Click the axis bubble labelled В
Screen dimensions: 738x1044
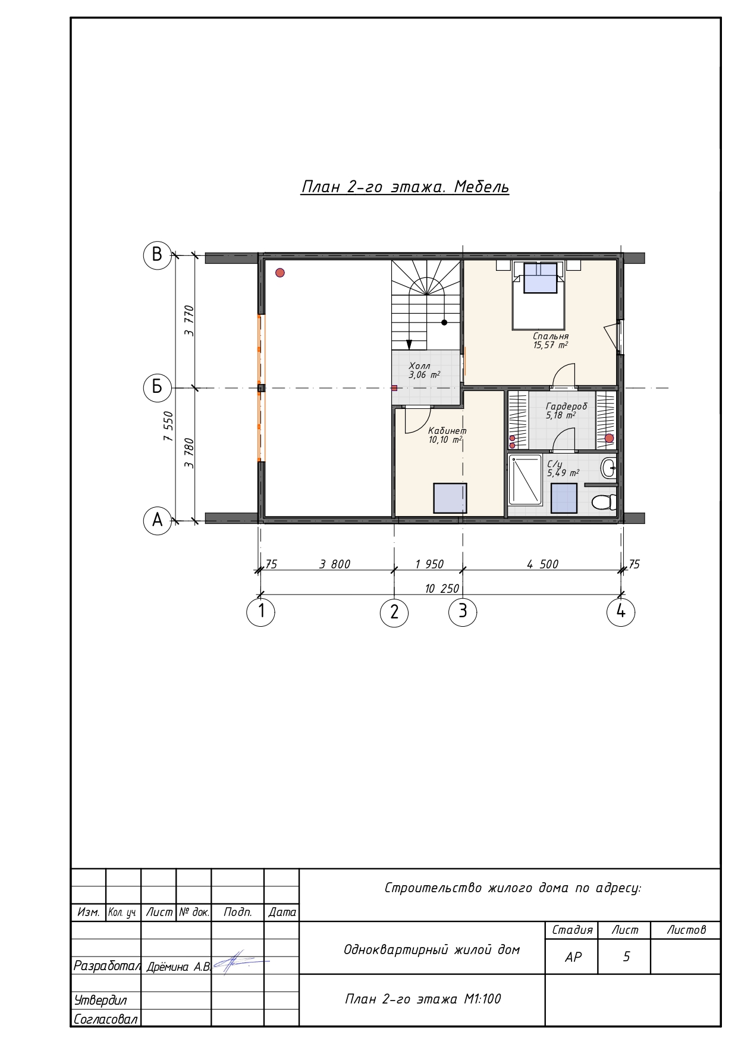tap(157, 255)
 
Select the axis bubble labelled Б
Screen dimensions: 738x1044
tap(157, 387)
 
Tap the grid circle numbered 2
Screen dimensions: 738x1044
tap(394, 612)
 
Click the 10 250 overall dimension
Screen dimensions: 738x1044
tap(442, 589)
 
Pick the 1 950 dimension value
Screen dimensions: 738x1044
tap(429, 564)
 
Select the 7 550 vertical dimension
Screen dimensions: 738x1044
tap(169, 426)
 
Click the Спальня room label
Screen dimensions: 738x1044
tap(551, 336)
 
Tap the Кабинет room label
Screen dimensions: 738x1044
tap(447, 431)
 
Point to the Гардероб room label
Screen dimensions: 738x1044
tap(566, 407)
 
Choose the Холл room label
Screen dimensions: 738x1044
tap(419, 366)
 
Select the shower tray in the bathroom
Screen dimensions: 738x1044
tap(525, 480)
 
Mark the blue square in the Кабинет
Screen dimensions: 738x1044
tap(450, 498)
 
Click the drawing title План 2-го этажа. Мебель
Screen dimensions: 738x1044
tap(405, 187)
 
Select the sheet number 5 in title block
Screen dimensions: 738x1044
tap(626, 957)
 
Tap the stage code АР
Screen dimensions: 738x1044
tap(573, 957)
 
